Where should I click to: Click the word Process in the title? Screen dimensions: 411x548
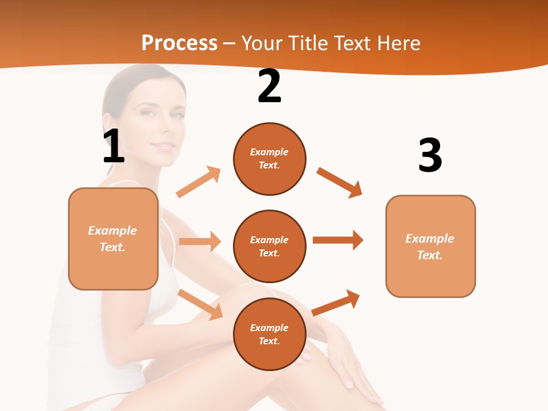tap(179, 43)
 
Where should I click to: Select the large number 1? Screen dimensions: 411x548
tap(114, 146)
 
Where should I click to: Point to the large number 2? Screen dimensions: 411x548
tap(269, 87)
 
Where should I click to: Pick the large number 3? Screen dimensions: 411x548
tap(430, 155)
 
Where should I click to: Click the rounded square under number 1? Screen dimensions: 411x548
tap(113, 239)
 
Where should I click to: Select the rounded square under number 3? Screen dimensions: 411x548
tap(430, 246)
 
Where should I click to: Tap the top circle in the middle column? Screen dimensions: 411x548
tap(269, 159)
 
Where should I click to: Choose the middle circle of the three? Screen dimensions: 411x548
tap(269, 246)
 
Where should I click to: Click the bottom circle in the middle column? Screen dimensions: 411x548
tap(269, 334)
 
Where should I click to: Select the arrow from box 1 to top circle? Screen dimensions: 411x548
tap(199, 182)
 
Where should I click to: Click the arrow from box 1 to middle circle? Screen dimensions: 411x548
tap(200, 241)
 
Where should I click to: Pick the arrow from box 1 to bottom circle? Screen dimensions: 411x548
tap(200, 304)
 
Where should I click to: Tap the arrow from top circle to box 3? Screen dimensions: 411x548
tap(340, 182)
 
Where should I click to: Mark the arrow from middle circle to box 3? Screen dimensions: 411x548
tap(338, 240)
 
